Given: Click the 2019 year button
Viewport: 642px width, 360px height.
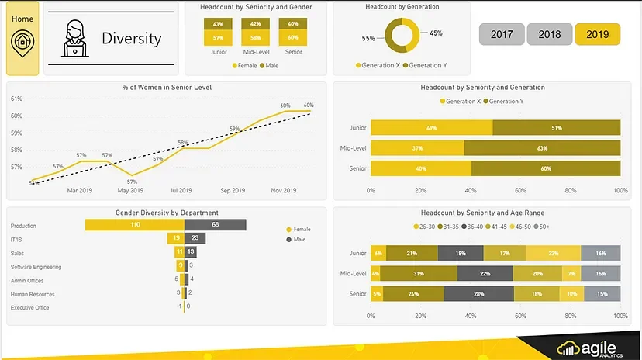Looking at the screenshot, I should click(597, 35).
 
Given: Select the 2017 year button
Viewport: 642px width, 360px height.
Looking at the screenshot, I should click(502, 35).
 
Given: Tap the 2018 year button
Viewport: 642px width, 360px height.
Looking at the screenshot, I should click(550, 35).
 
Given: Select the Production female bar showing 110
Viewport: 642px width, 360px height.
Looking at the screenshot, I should click(134, 225).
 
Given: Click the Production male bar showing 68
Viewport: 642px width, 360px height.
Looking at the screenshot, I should click(215, 225).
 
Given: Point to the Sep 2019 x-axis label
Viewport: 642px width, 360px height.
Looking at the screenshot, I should click(233, 190).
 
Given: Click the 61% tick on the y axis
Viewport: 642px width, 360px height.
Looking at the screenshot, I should click(16, 99).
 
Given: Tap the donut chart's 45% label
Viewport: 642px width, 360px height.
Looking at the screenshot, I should click(436, 33).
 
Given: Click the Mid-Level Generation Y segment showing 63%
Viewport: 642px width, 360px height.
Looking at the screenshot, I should click(542, 148).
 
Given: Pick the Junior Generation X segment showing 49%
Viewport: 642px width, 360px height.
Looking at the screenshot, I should click(431, 128).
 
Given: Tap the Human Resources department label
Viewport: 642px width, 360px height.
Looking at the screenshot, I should click(33, 294).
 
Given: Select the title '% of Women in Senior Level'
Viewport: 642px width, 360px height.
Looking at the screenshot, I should click(166, 88).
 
